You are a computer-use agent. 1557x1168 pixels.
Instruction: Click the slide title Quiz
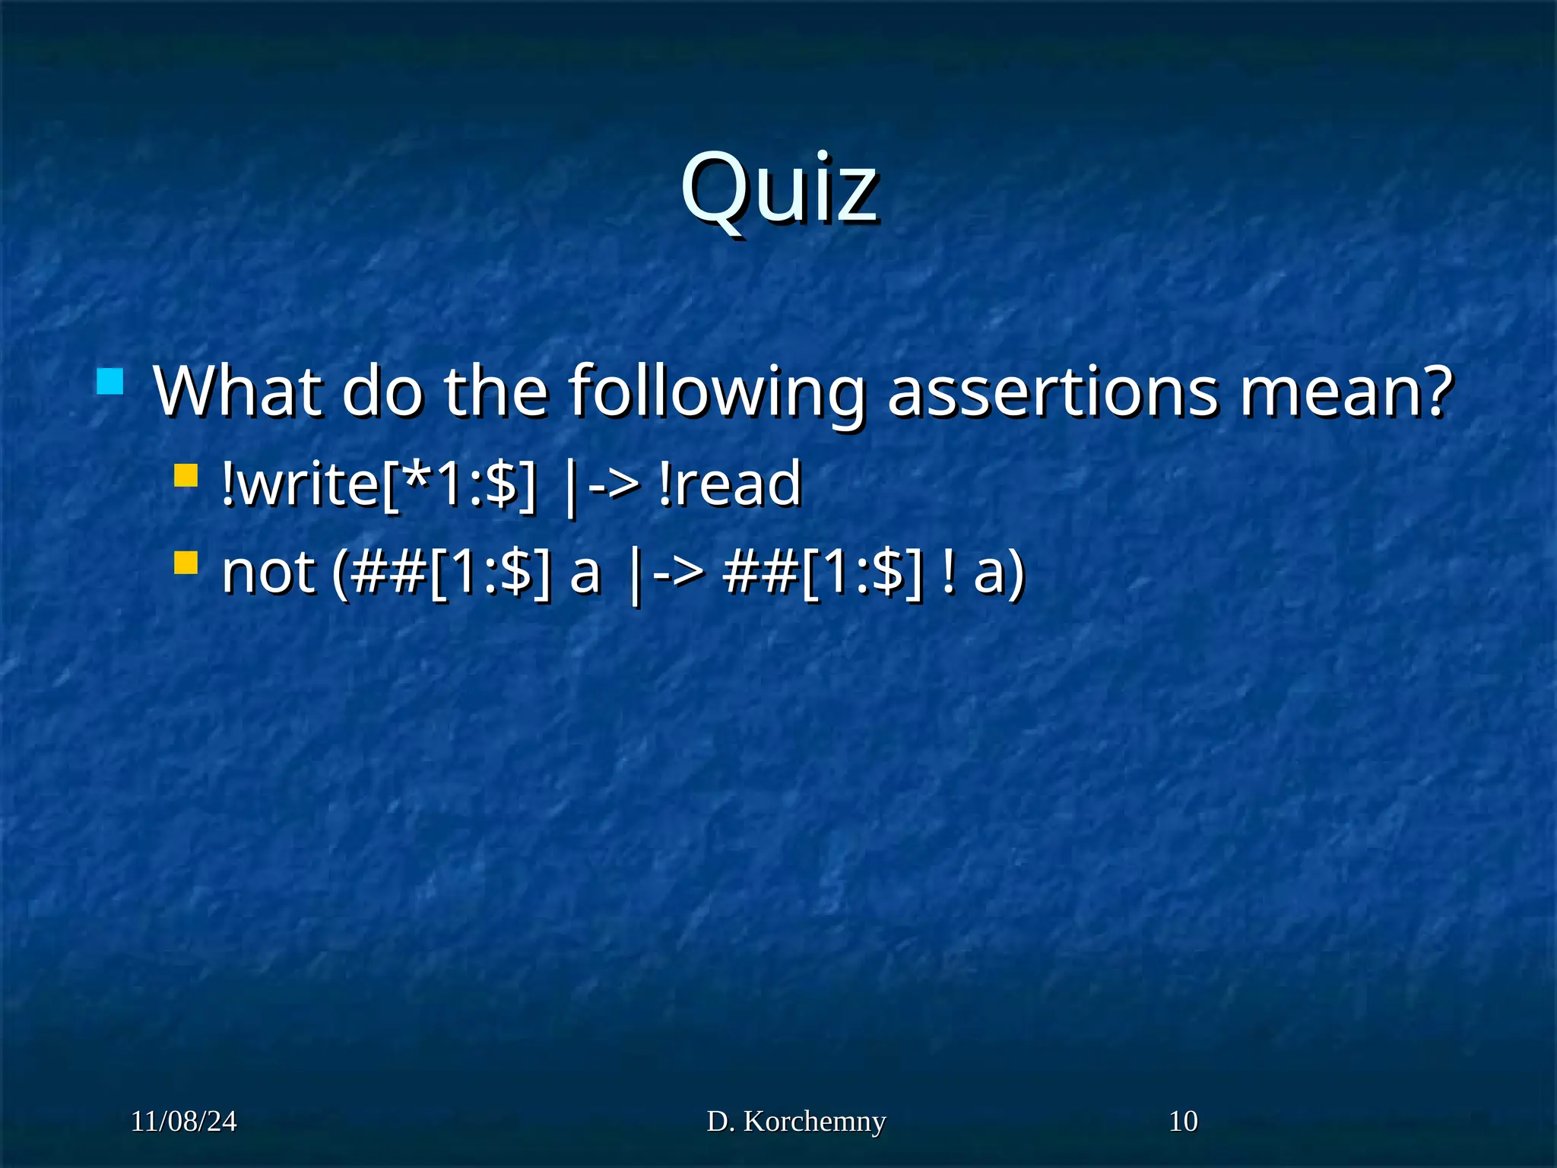point(779,188)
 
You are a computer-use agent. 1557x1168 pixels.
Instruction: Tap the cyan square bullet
point(110,382)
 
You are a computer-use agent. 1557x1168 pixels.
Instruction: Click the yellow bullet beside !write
point(186,476)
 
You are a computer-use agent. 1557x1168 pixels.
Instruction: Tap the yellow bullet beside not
point(186,563)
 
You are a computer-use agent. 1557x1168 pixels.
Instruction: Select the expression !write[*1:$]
point(379,484)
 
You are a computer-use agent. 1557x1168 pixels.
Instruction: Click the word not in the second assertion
point(268,572)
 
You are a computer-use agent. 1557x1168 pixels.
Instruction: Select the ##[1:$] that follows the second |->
point(824,572)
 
